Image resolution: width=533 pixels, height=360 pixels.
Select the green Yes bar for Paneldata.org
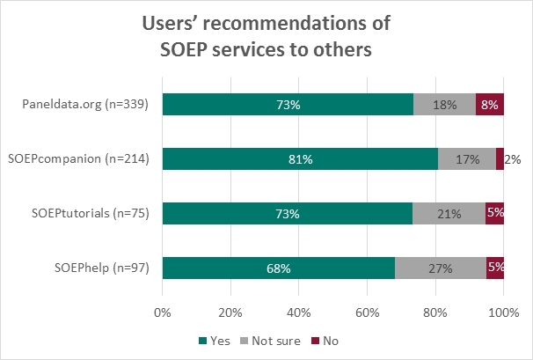(x=288, y=105)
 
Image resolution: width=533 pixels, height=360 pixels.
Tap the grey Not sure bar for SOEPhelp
(x=440, y=268)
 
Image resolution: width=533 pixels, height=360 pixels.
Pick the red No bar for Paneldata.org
(x=490, y=105)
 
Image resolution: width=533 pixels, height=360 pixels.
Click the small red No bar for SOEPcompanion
(x=500, y=159)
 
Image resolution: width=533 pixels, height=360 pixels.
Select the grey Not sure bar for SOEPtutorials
(x=449, y=214)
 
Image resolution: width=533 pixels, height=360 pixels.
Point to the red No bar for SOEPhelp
(x=495, y=268)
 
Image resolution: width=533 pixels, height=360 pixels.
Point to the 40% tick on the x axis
(x=299, y=312)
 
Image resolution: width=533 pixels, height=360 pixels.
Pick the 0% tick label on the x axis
(x=163, y=312)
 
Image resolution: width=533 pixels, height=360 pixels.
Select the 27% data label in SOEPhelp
(x=440, y=268)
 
